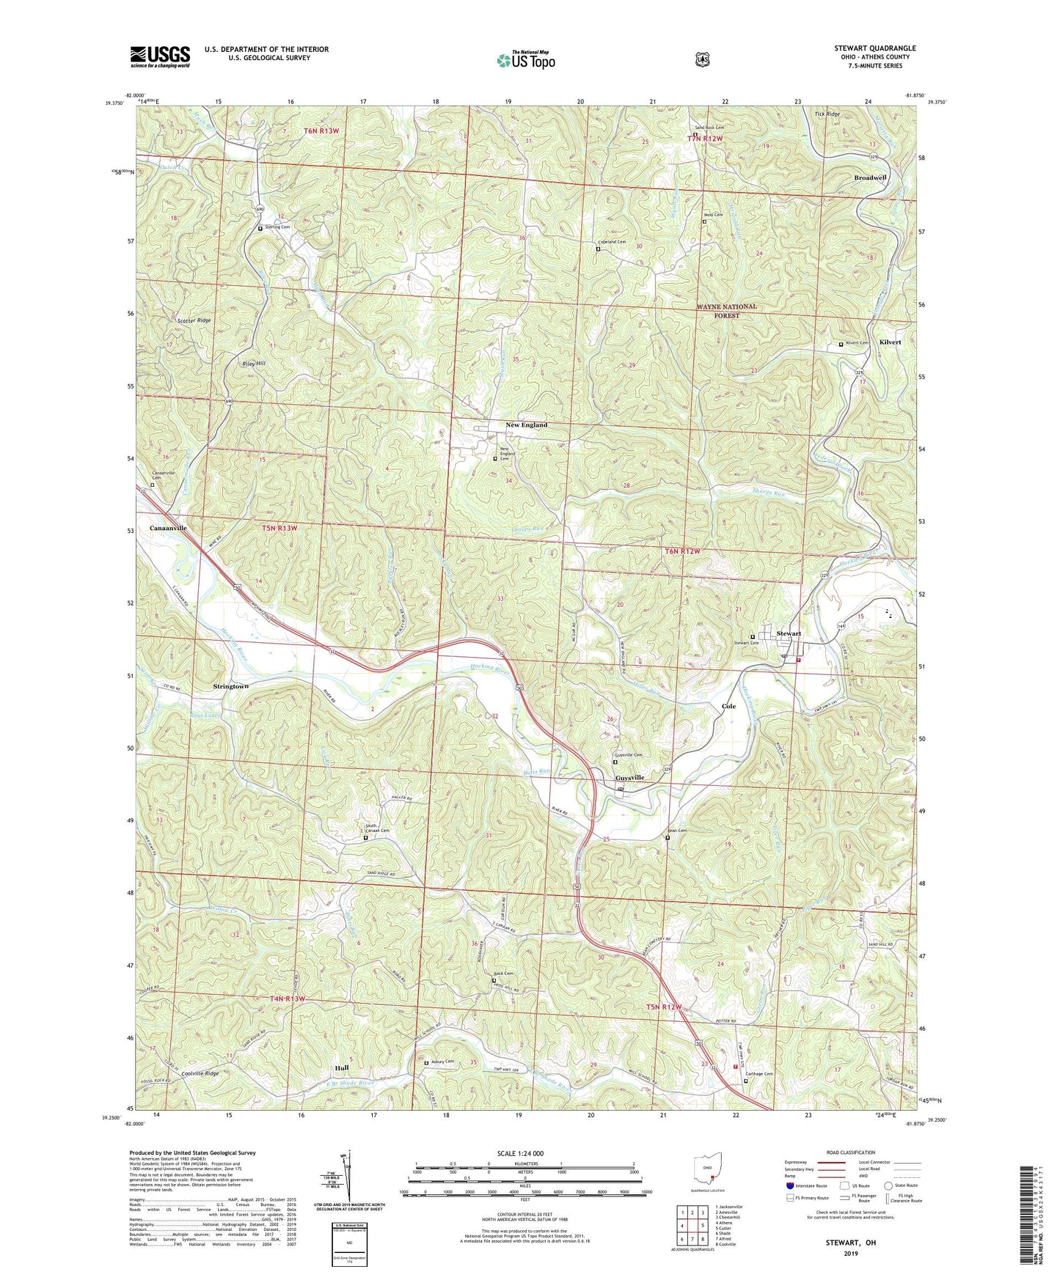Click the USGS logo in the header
(x=160, y=56)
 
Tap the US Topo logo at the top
(x=524, y=60)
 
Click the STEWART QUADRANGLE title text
(x=874, y=48)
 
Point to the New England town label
(x=526, y=425)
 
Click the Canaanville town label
(x=168, y=528)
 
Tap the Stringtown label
(x=230, y=686)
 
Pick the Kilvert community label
(x=890, y=342)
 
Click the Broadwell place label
(x=870, y=177)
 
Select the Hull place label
(x=341, y=1068)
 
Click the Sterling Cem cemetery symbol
(x=260, y=228)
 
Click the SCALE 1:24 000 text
(x=520, y=1153)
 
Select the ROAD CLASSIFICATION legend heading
(x=851, y=1152)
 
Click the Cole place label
(x=728, y=706)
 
